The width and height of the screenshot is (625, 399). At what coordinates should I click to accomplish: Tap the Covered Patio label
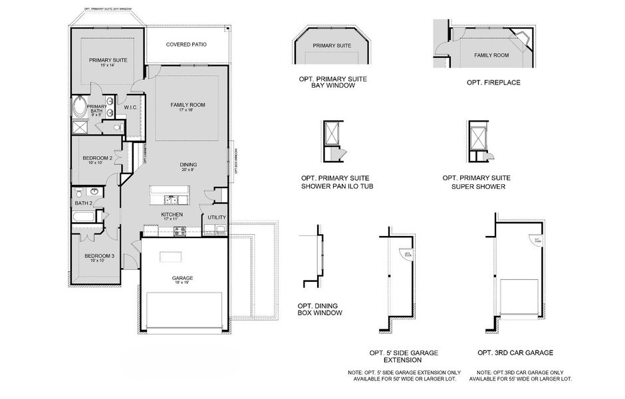tap(186, 45)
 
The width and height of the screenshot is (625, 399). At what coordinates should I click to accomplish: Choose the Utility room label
tap(216, 217)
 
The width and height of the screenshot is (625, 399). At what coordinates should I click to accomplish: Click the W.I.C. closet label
tap(130, 106)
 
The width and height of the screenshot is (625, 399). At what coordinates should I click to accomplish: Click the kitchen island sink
tap(172, 199)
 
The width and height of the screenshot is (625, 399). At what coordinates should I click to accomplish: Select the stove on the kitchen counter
tap(180, 231)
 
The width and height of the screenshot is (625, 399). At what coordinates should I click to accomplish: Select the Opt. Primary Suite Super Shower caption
tap(477, 182)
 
